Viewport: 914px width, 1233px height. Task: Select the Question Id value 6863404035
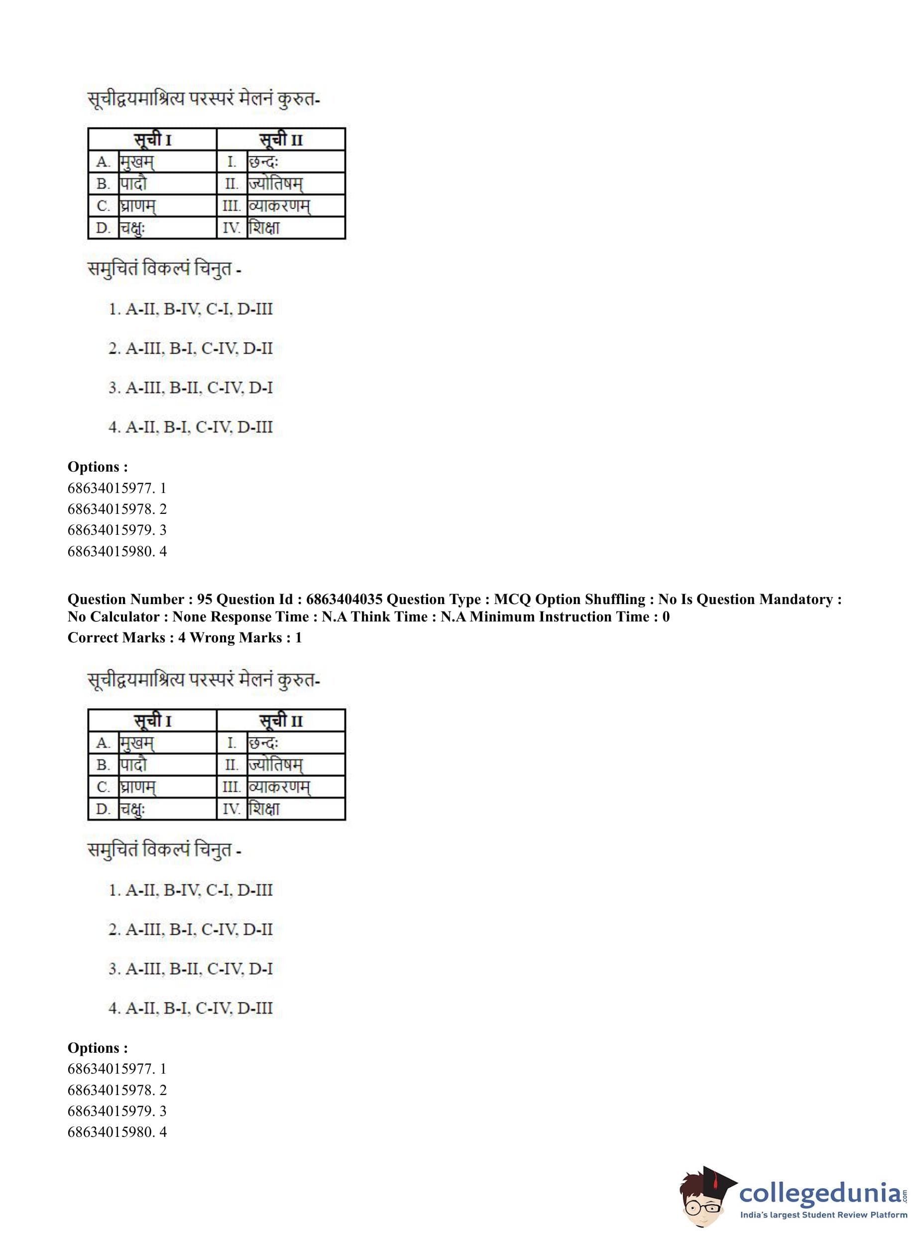pos(343,600)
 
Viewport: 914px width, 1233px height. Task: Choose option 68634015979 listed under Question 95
pos(117,1110)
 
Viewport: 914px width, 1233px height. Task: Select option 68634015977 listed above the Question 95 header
pos(117,488)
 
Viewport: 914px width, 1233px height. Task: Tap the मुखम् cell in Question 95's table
pos(137,742)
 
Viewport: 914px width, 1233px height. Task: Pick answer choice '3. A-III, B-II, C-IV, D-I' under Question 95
pos(190,969)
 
